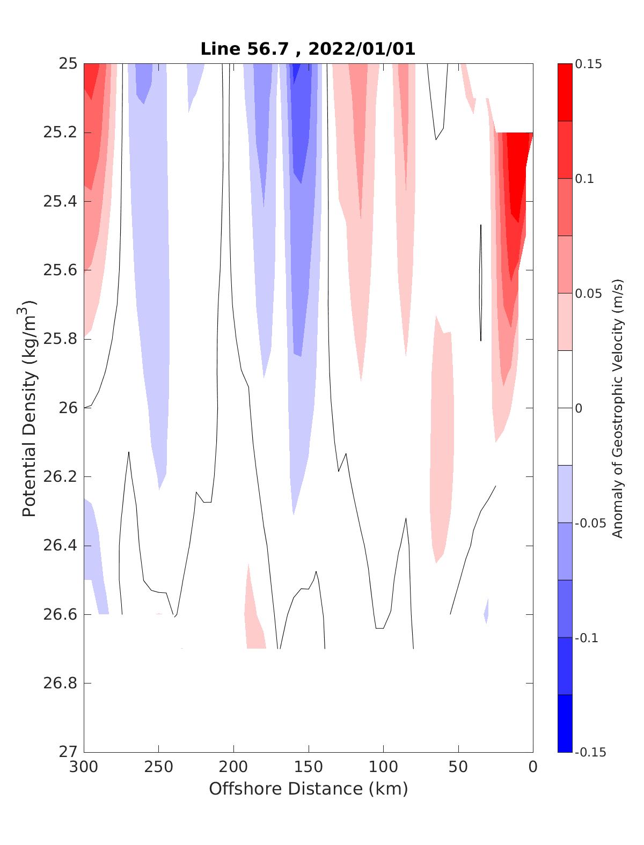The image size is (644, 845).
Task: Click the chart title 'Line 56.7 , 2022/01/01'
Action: (x=308, y=49)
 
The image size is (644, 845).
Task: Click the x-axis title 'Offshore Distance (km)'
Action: (x=308, y=789)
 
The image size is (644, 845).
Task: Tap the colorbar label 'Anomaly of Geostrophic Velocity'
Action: (x=618, y=408)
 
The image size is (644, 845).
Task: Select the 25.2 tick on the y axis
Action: (x=60, y=133)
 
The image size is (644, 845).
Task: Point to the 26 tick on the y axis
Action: (x=67, y=408)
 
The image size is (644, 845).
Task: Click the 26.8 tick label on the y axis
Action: (x=60, y=684)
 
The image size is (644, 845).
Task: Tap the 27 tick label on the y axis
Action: (x=67, y=752)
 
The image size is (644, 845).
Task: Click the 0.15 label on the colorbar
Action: (x=588, y=64)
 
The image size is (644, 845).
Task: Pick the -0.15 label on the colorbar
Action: (x=588, y=752)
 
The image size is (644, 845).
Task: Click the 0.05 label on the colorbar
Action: (x=588, y=293)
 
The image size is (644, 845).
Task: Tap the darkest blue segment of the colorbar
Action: (x=565, y=723)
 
